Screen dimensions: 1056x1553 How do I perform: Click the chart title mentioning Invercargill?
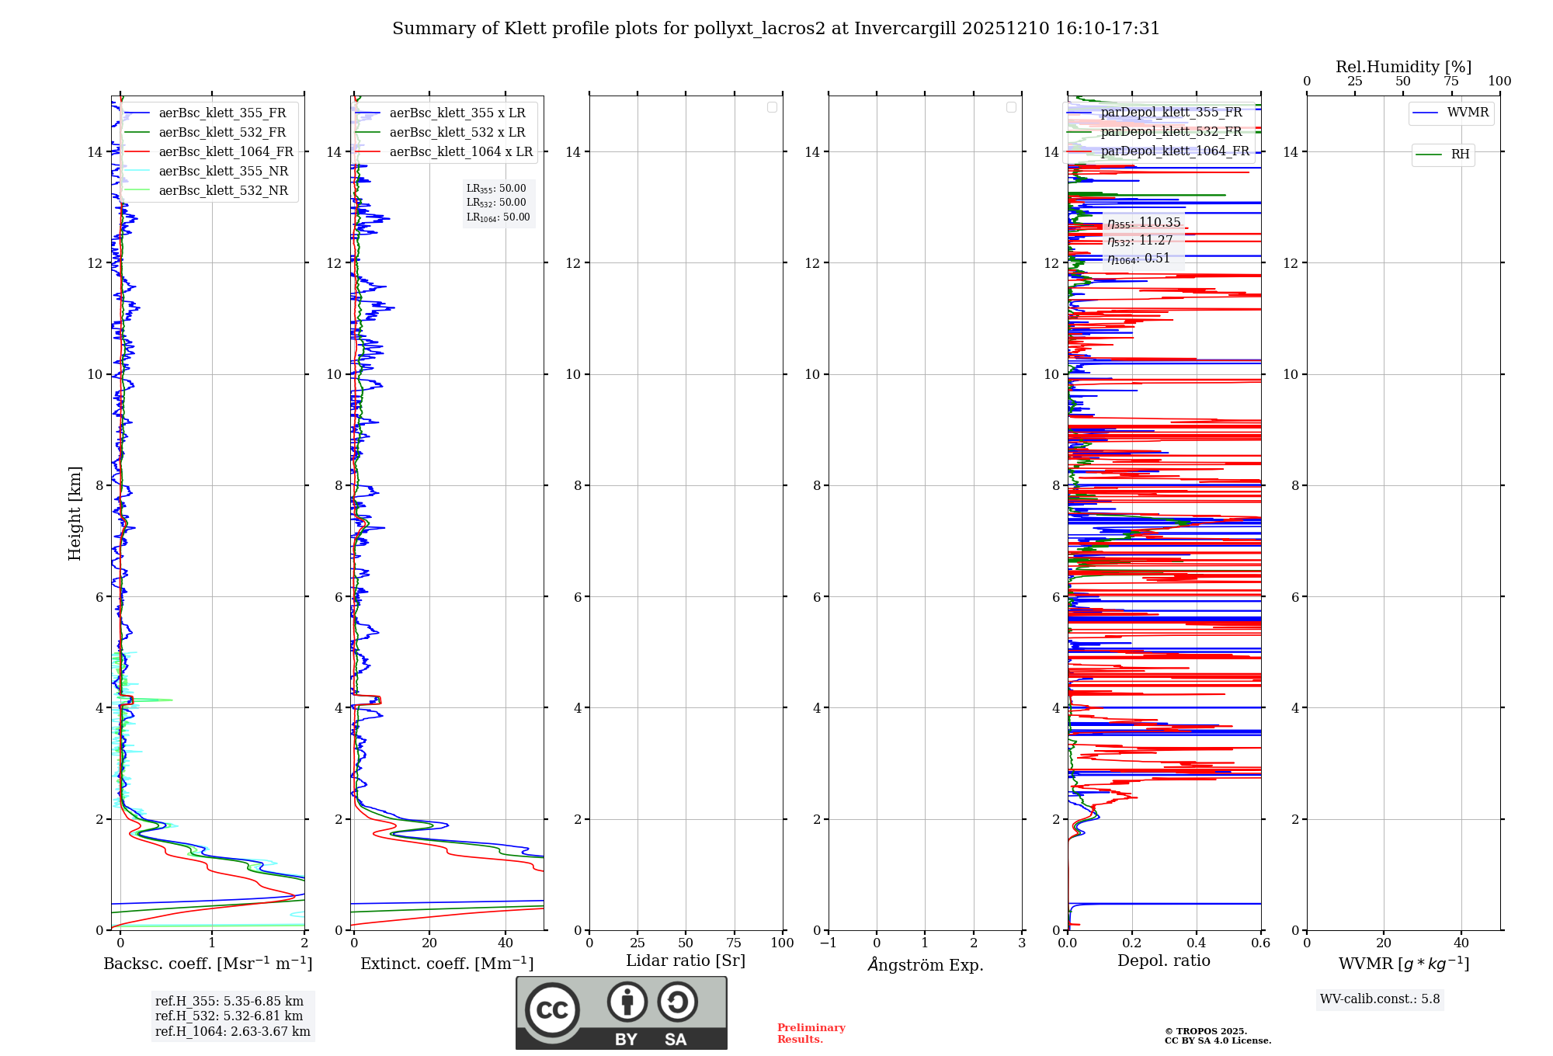[776, 29]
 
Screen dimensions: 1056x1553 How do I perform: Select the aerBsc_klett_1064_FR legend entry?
[225, 152]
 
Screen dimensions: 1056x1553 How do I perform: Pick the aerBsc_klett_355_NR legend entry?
[223, 172]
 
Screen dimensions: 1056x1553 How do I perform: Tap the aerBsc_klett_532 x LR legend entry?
[457, 133]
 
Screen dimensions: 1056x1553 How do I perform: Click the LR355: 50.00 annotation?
[496, 189]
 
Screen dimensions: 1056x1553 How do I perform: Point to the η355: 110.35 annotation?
[1144, 223]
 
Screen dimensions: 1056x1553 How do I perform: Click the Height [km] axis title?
[75, 513]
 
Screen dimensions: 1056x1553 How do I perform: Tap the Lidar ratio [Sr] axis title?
[686, 961]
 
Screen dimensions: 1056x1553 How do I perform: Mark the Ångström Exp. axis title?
[926, 965]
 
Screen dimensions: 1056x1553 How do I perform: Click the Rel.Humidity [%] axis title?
[1403, 67]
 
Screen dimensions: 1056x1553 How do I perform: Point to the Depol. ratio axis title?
[1163, 961]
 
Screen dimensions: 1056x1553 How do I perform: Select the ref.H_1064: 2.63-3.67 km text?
[232, 1032]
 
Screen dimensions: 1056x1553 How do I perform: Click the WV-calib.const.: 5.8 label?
[1380, 999]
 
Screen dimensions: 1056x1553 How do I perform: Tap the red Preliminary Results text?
[811, 1033]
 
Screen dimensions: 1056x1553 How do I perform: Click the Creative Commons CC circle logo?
[552, 1010]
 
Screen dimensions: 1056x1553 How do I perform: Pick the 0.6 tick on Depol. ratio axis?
[1260, 943]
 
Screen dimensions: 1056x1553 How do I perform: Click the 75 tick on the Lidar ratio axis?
[734, 943]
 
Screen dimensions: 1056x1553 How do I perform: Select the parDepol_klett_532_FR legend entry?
[1171, 132]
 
